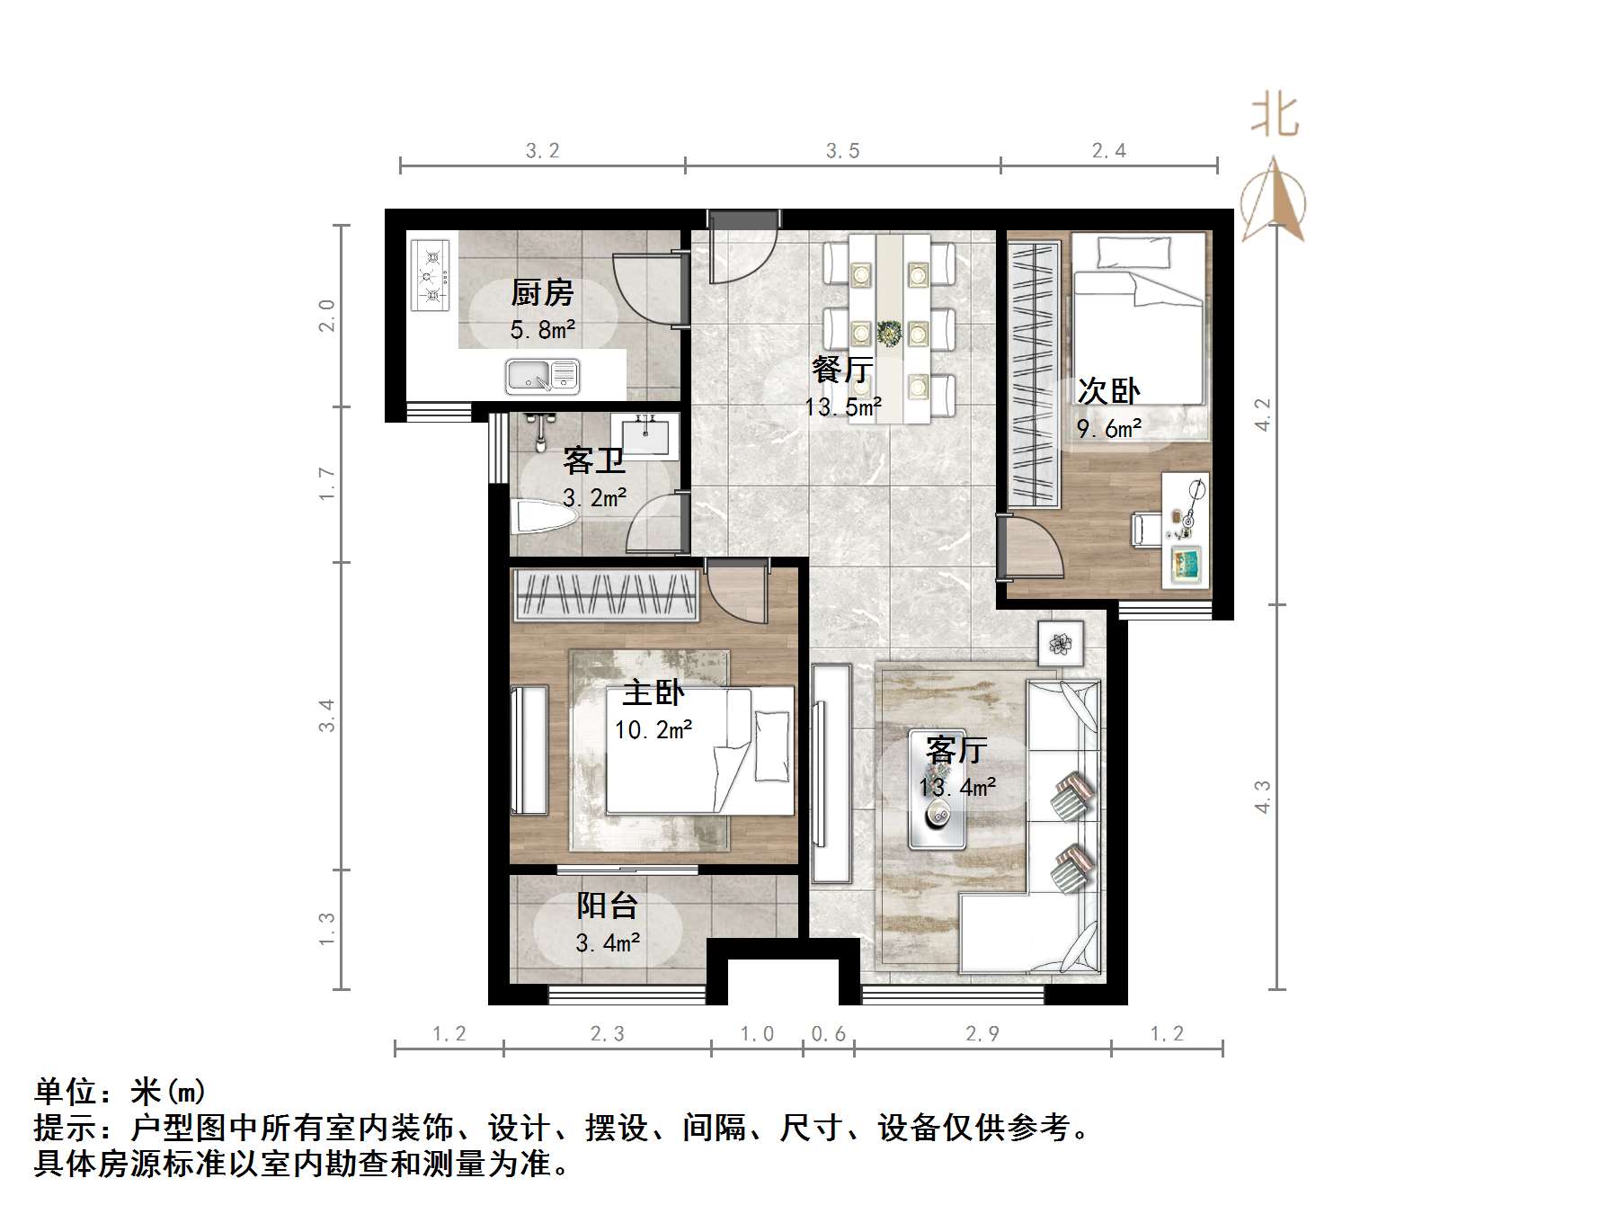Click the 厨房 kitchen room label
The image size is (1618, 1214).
click(542, 293)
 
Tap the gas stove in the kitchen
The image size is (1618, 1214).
click(430, 274)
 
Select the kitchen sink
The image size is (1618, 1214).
click(542, 376)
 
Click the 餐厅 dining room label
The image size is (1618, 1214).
click(842, 370)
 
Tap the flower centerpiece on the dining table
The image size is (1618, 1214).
click(890, 333)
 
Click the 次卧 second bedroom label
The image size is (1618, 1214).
click(1108, 391)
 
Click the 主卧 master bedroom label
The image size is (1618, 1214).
click(653, 692)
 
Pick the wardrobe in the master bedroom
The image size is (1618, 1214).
click(606, 594)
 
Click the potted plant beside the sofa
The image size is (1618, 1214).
click(1061, 643)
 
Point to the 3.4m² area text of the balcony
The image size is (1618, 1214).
click(608, 943)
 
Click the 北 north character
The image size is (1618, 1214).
click(1275, 117)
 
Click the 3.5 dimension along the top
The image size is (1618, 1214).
click(843, 151)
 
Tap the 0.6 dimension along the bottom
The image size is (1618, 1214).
click(828, 1034)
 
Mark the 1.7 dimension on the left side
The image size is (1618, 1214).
click(326, 484)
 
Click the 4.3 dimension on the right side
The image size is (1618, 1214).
click(1263, 797)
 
